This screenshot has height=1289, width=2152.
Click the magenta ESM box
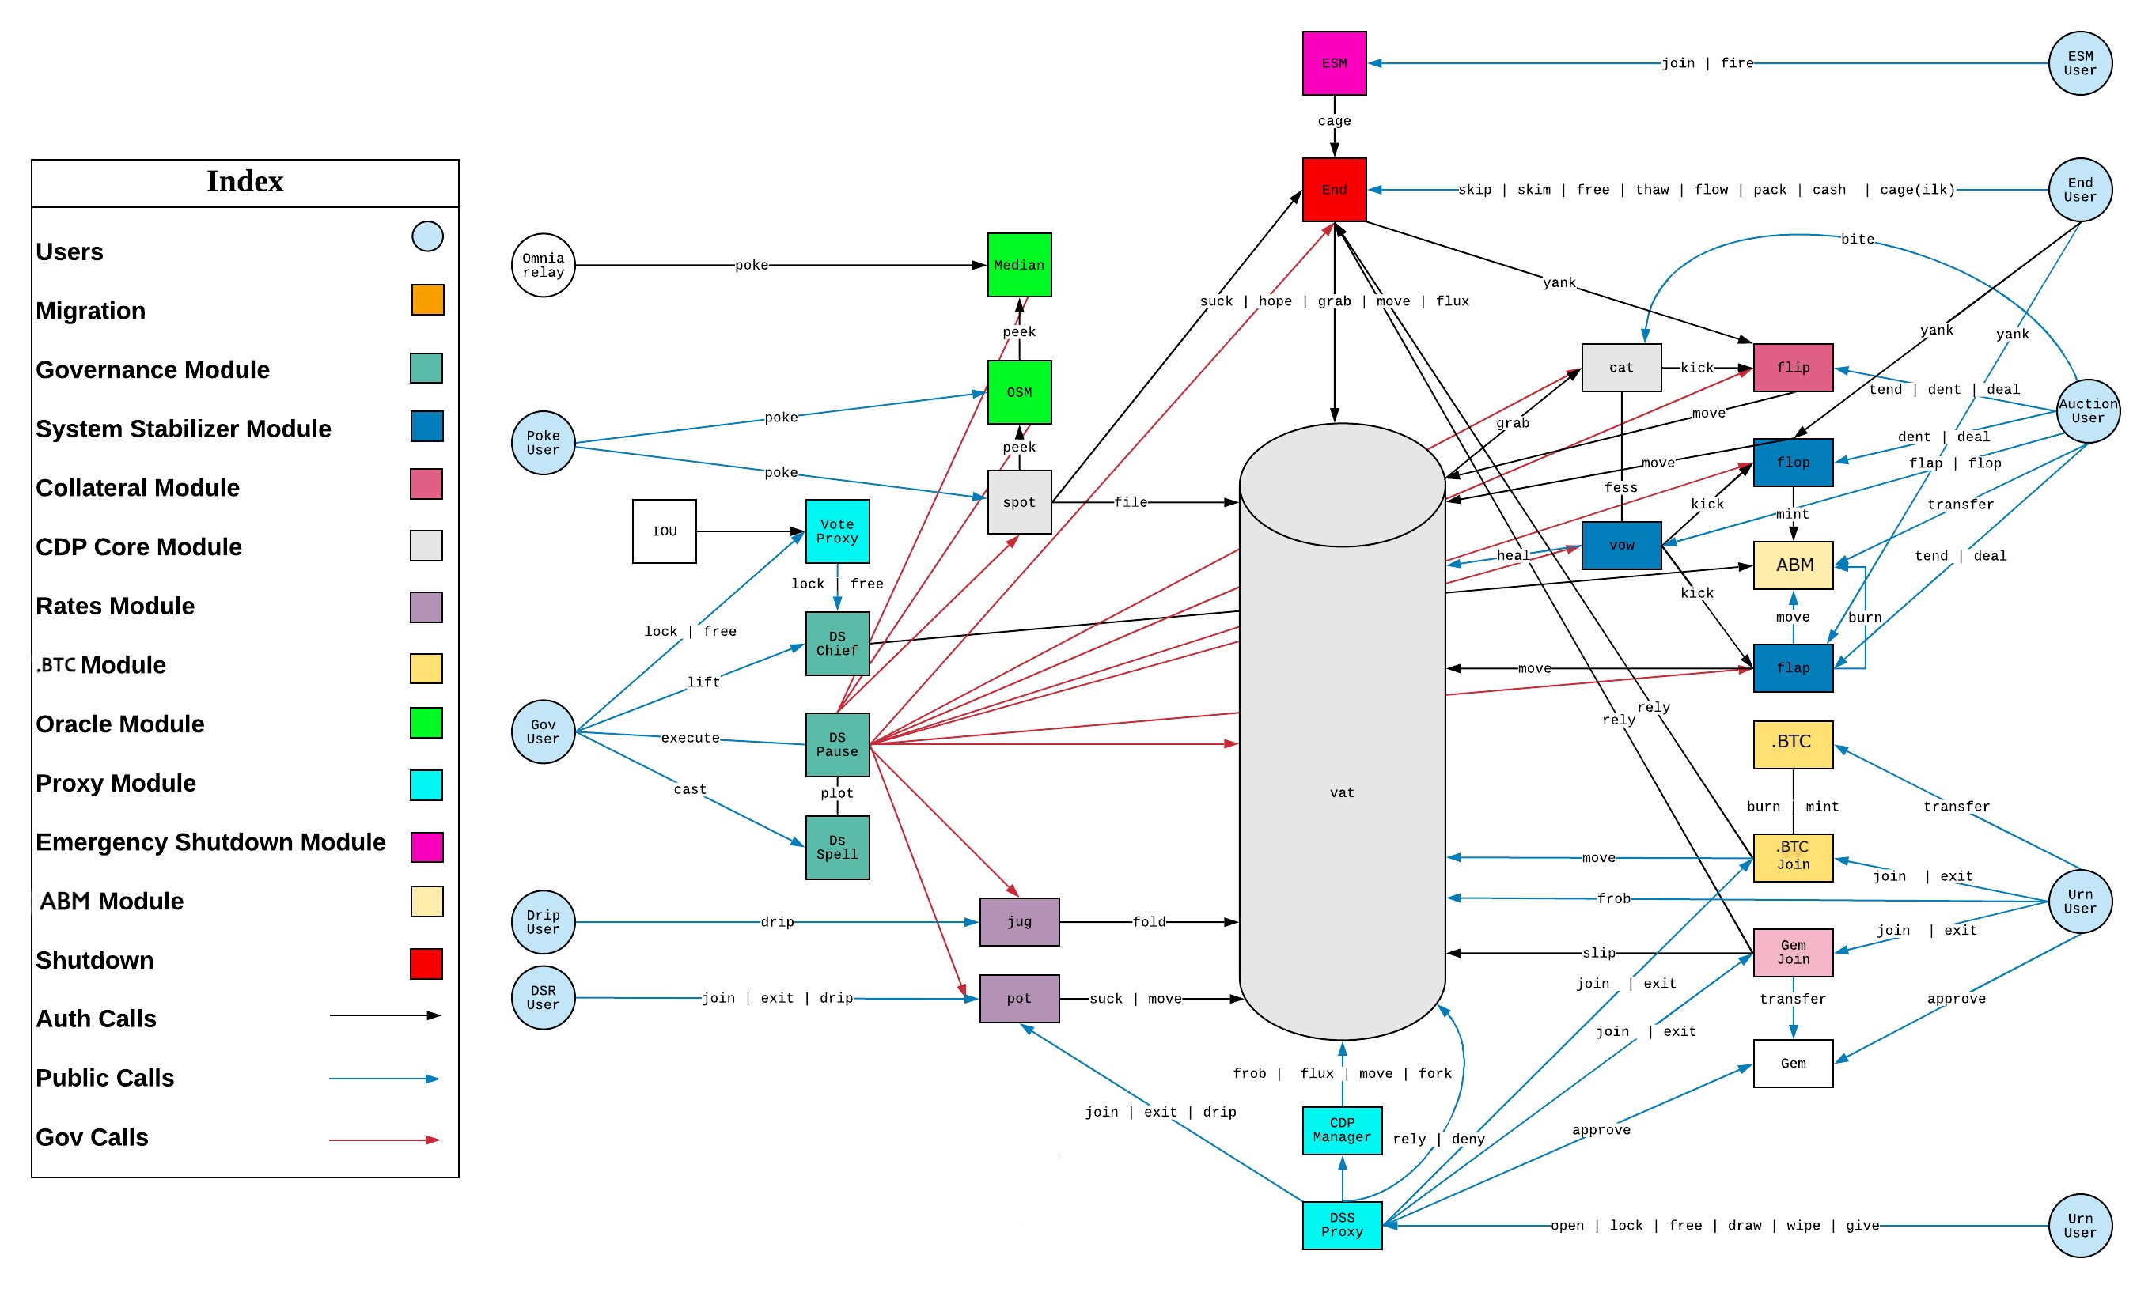(1334, 63)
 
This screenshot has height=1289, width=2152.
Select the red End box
(1334, 189)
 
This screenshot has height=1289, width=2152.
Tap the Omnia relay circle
(543, 265)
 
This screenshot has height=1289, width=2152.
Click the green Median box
(1019, 265)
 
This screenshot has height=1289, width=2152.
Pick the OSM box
(1019, 391)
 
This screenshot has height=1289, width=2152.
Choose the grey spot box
(1019, 502)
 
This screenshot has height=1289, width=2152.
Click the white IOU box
(664, 531)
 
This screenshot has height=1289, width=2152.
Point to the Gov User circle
(543, 731)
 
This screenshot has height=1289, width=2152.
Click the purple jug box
(1019, 921)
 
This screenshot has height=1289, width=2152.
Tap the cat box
(1621, 368)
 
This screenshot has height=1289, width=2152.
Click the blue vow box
(1621, 546)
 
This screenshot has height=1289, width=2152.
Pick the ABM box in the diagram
(1793, 565)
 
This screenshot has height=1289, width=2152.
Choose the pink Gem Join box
(1793, 952)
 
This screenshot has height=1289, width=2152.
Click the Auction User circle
(2088, 411)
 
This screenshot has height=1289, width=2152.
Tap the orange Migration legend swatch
(427, 300)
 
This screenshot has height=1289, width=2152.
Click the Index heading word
(245, 182)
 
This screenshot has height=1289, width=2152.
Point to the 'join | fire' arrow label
(1707, 63)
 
